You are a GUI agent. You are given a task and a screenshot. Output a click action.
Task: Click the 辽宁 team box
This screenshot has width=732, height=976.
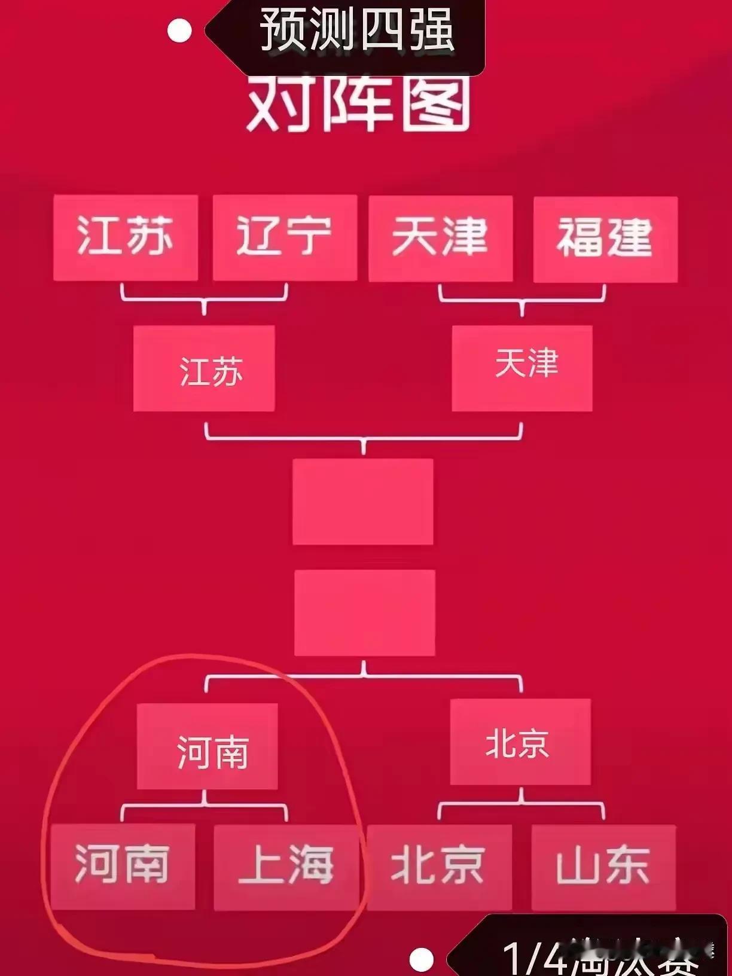[285, 237]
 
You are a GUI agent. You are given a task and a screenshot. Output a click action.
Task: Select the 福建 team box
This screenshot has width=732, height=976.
[605, 239]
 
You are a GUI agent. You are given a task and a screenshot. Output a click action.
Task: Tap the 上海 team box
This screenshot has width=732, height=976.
[286, 867]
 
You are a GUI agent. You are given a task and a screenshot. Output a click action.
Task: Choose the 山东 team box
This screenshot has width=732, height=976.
[603, 867]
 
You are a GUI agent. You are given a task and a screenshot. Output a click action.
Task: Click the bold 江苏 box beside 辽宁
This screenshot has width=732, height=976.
[126, 237]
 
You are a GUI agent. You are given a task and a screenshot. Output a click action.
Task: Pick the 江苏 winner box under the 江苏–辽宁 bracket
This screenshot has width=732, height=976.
[204, 368]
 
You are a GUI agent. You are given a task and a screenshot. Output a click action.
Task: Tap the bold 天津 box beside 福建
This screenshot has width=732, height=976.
[441, 238]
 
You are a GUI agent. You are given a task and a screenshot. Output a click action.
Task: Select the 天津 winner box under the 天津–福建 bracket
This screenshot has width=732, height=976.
[522, 368]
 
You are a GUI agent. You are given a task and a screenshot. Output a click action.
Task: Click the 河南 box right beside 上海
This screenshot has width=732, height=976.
[123, 866]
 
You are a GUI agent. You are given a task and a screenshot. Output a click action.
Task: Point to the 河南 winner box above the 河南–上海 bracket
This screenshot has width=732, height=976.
[208, 746]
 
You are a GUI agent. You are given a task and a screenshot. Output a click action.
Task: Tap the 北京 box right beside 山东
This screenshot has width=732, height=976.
[439, 867]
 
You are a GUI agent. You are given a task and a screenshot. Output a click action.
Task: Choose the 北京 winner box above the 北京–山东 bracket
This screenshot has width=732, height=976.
[520, 742]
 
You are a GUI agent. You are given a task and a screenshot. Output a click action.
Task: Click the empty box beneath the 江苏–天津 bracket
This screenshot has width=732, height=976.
[363, 501]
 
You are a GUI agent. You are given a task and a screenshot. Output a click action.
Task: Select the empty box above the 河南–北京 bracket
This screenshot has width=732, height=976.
[365, 612]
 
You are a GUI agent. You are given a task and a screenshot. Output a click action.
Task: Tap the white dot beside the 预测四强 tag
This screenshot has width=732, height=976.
[179, 30]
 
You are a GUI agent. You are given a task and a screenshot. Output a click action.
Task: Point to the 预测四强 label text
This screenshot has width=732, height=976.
[358, 30]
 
